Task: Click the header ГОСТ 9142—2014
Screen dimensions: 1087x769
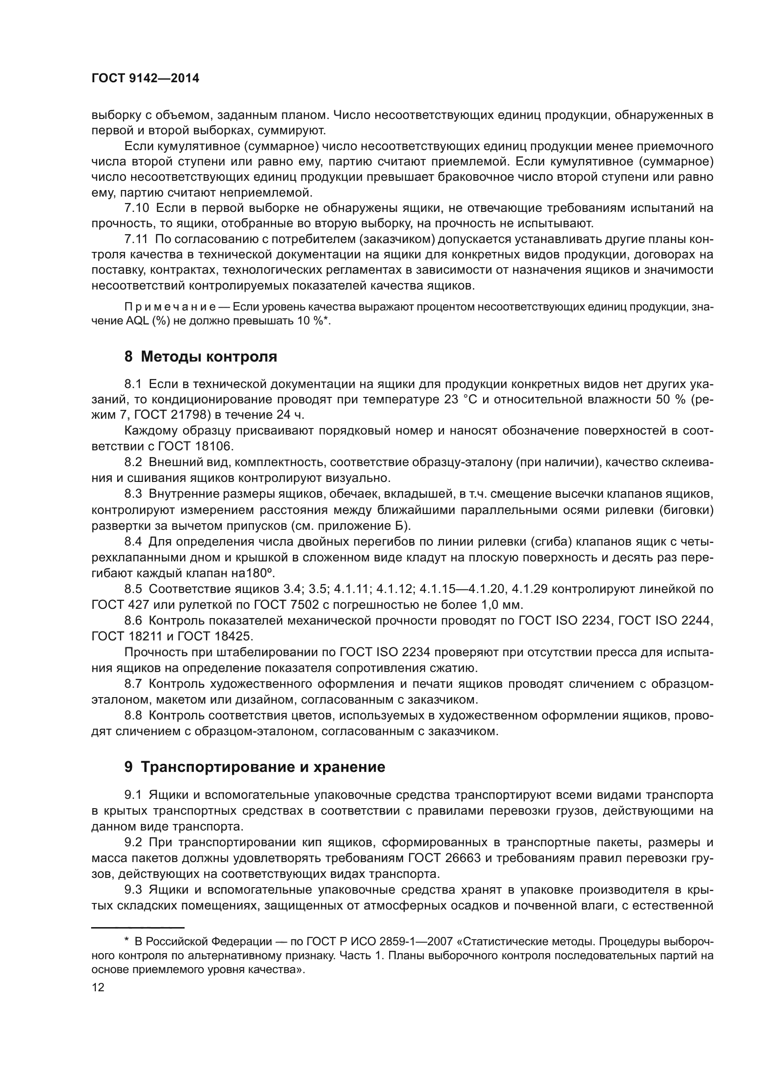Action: [146, 79]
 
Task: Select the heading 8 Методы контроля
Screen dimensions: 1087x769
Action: [201, 356]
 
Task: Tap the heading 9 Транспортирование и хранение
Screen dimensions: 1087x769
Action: [254, 767]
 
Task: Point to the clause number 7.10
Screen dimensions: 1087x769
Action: [136, 208]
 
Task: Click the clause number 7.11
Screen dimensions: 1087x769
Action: [136, 239]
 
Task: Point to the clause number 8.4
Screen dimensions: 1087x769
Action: [133, 541]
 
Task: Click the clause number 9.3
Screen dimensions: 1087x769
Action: [133, 889]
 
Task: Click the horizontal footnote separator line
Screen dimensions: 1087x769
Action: [137, 928]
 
